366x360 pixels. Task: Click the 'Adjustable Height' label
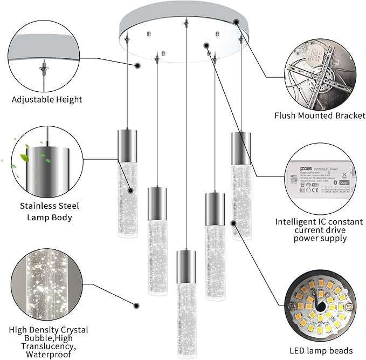pos(47,99)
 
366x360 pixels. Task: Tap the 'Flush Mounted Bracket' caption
pos(320,115)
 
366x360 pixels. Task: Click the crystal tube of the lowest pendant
pos(185,313)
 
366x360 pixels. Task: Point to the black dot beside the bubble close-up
pos(136,305)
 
